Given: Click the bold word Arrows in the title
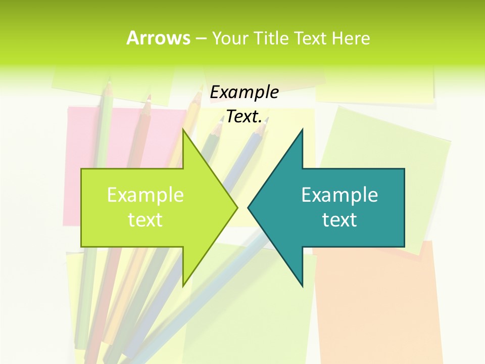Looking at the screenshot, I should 158,38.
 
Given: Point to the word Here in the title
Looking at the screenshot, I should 351,38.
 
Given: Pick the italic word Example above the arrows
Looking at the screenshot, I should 244,93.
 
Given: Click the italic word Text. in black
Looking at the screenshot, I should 244,117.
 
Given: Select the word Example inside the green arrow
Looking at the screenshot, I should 145,195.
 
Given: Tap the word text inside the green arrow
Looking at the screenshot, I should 145,219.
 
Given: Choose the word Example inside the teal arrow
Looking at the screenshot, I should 339,195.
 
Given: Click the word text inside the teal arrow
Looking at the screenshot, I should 339,219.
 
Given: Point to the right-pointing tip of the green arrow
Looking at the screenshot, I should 236,207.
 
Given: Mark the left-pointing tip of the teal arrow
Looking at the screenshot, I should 249,207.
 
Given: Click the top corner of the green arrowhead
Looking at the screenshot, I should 183,130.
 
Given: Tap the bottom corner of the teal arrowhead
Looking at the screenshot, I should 302,286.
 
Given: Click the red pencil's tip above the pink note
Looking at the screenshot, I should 149,97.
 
